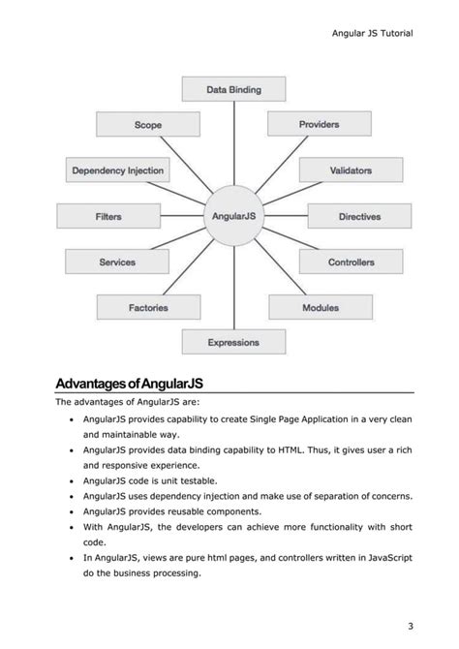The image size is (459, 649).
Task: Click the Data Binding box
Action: [233, 90]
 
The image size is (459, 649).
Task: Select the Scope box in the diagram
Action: [148, 125]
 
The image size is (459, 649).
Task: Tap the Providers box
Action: [319, 125]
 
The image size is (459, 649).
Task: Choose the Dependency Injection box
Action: [118, 170]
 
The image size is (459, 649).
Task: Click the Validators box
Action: [351, 170]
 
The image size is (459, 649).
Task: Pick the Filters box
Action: [109, 217]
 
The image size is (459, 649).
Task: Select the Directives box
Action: [358, 217]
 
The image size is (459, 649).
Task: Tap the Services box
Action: [117, 263]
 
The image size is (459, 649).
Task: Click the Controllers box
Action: [351, 263]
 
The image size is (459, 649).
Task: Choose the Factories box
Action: [148, 308]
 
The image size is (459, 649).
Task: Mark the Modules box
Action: [320, 308]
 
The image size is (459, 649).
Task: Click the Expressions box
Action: [233, 342]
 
